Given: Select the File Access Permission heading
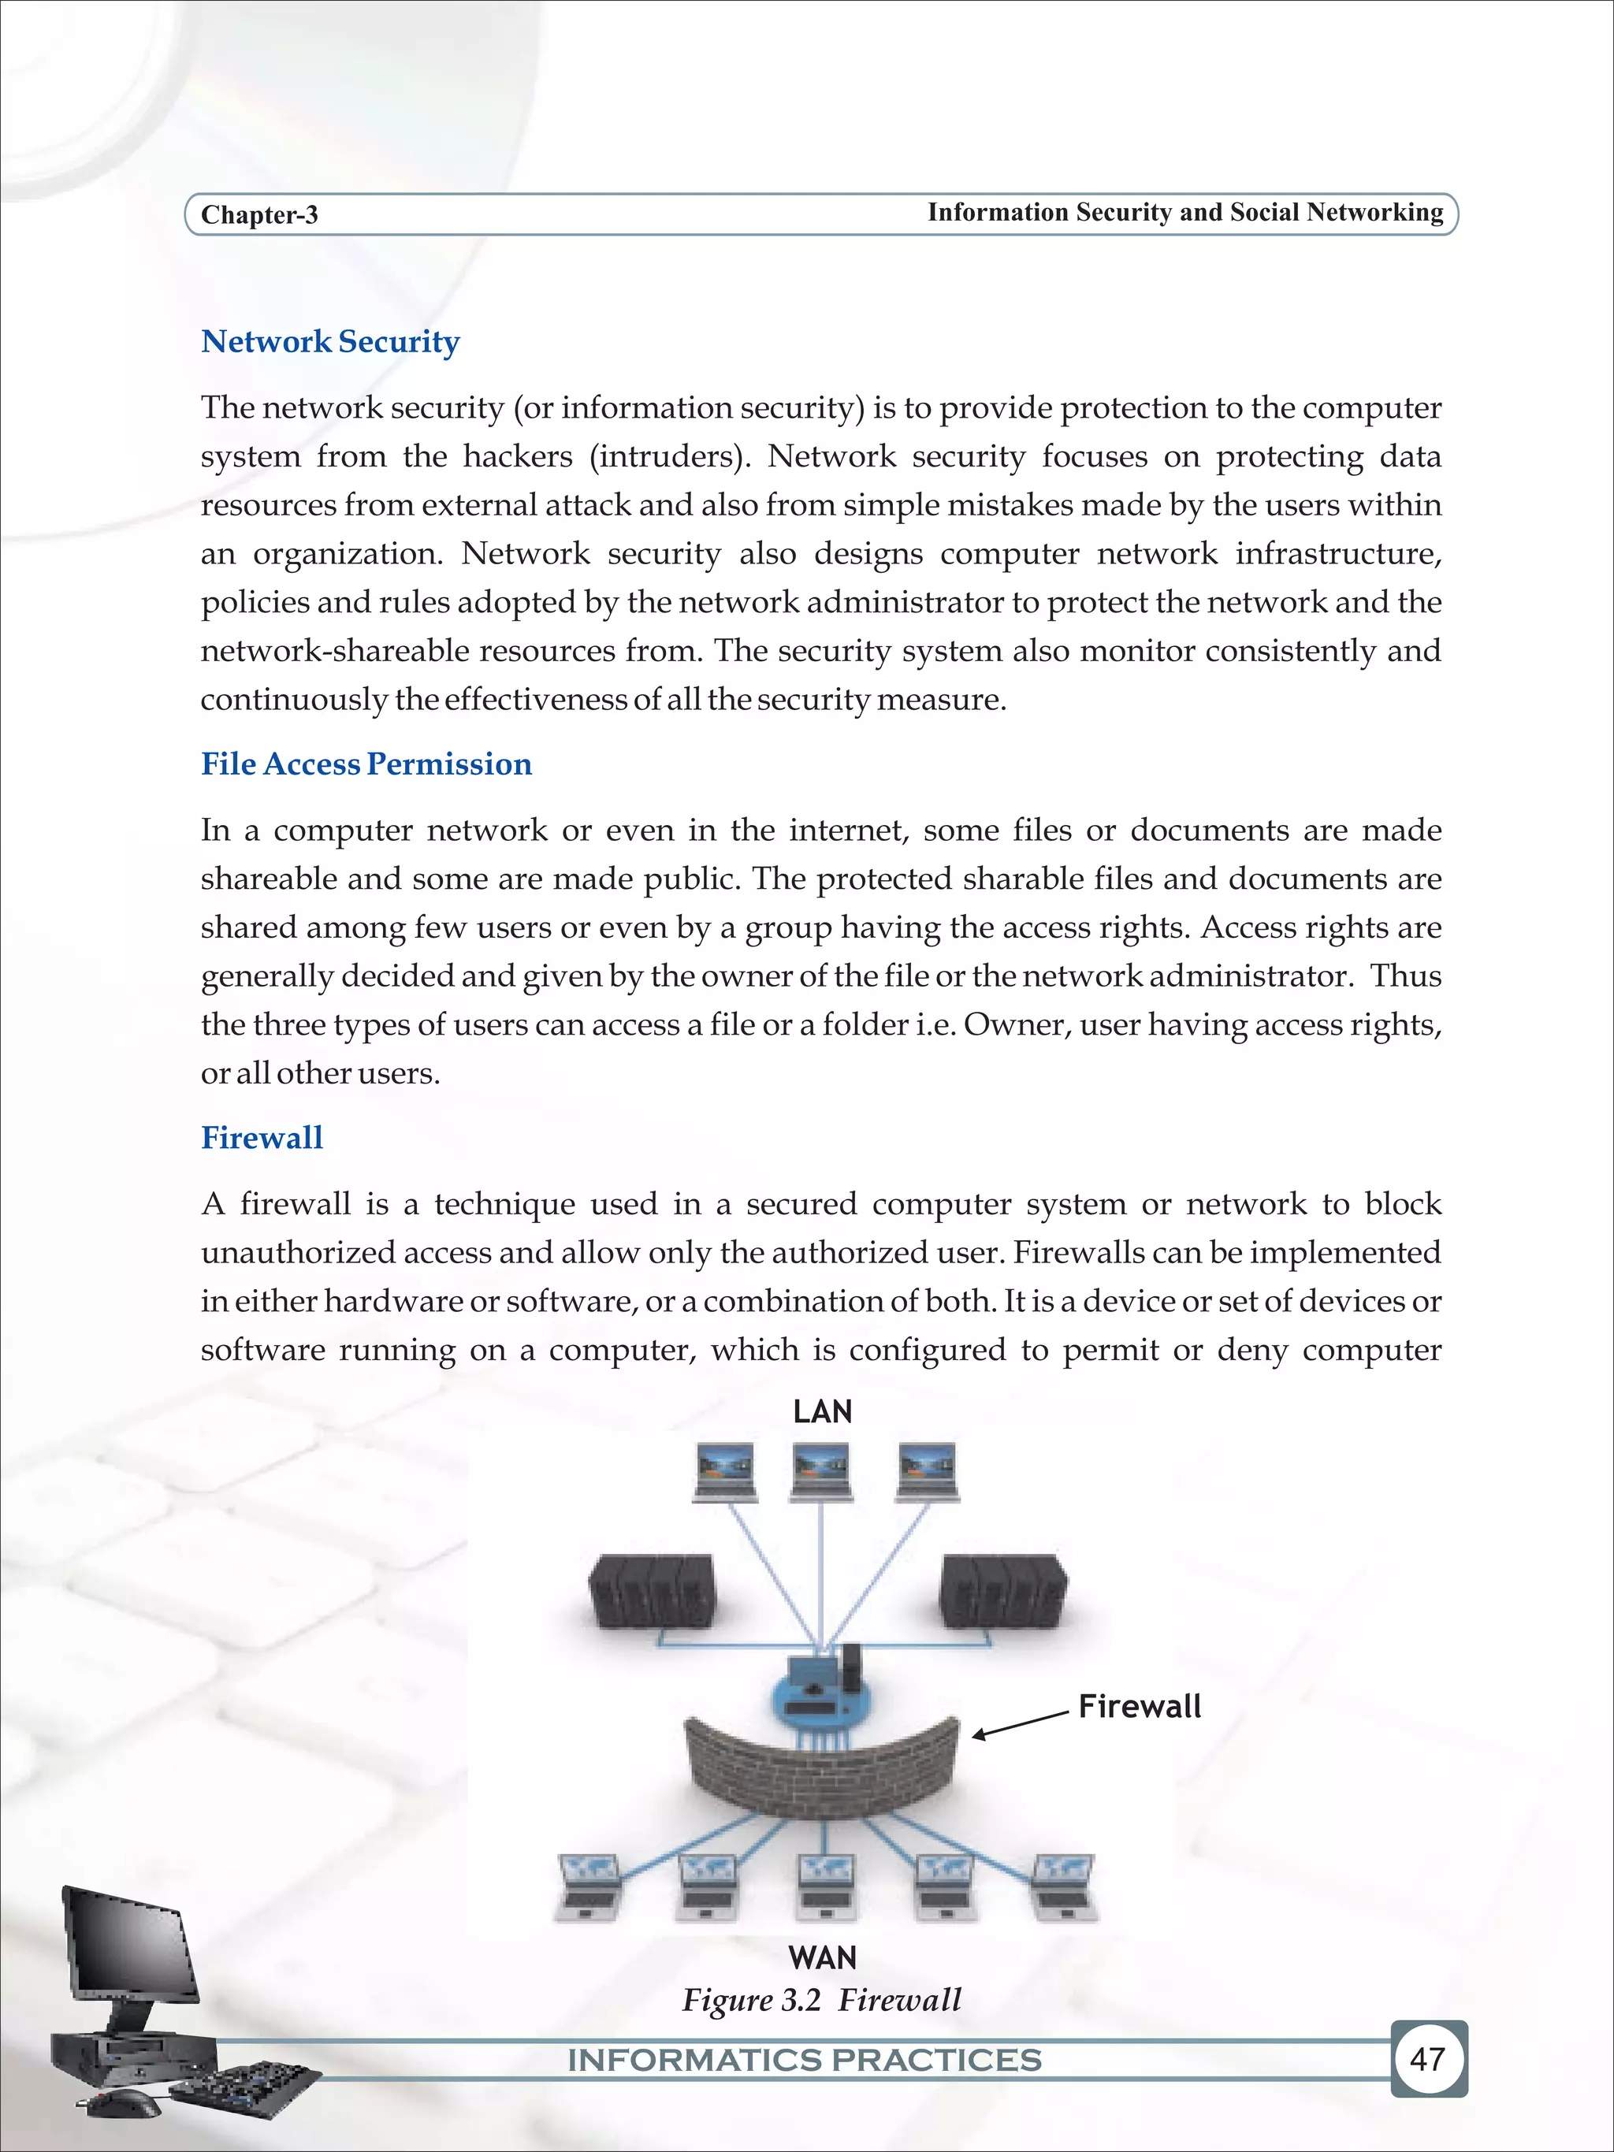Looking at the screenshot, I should pos(366,764).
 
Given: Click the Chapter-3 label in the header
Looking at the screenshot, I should pos(258,215).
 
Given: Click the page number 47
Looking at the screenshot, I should pos(1426,2058).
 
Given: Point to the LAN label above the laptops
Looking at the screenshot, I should pos(822,1411).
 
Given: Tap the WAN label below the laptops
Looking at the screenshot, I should pos(822,1957).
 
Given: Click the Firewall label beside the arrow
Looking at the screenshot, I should pos(1140,1707).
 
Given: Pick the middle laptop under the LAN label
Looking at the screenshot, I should pos(822,1472).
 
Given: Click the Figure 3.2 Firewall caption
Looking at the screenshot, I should pos(821,2000).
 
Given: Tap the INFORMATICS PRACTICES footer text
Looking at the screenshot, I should pos(805,2060).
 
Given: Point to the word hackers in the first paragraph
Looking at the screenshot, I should pos(518,456).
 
